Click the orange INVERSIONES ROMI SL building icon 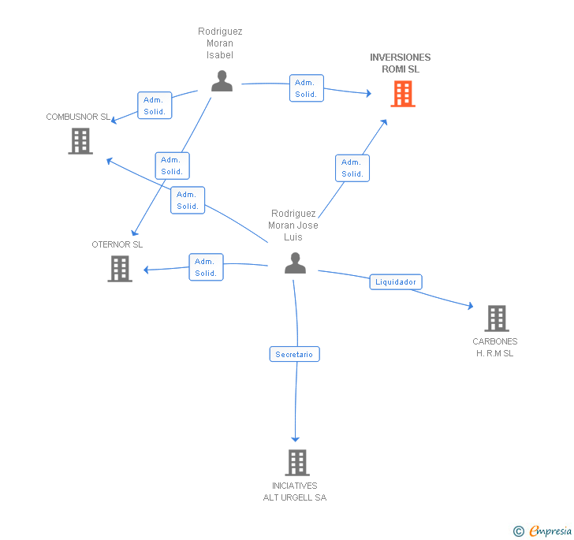coord(403,94)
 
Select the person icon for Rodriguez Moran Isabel coord(222,81)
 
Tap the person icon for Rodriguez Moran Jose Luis coord(295,263)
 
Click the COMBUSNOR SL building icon coord(80,141)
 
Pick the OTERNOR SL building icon coord(120,269)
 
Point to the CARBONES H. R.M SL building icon coord(497,318)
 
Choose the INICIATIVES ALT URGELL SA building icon coord(297,463)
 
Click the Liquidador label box coord(396,282)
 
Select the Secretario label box coord(294,354)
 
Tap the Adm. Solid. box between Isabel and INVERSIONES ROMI coord(307,88)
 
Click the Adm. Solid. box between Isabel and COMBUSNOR coord(155,106)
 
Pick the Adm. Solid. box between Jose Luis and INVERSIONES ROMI coord(352,168)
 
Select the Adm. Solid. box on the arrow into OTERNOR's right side coord(206,267)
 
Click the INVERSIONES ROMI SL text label coord(400,63)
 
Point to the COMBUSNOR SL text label coord(78,117)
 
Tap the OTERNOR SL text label coord(117,244)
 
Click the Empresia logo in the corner coord(542,531)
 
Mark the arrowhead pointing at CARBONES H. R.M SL coord(471,306)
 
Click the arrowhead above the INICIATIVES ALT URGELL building coord(296,439)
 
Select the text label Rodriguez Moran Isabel coord(220,43)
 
